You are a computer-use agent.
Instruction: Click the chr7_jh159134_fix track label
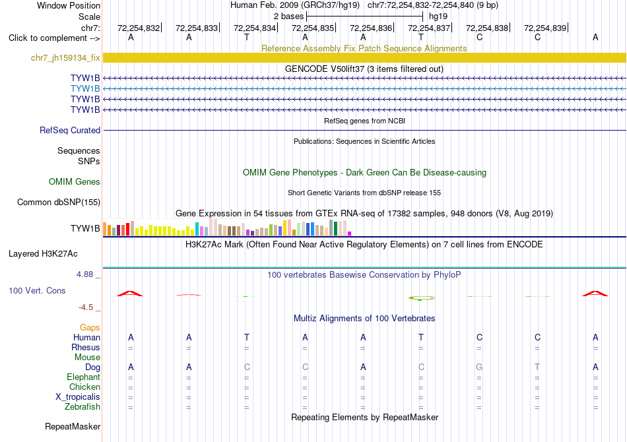(x=65, y=57)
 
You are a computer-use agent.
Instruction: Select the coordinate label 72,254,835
(x=313, y=28)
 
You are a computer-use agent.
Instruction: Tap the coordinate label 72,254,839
(x=545, y=28)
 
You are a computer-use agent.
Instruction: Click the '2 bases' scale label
(x=288, y=16)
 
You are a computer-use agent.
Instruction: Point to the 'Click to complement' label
(x=48, y=38)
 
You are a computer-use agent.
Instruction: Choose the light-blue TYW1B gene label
(x=85, y=88)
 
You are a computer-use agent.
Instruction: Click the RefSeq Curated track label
(x=70, y=130)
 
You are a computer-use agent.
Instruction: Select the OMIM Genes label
(x=75, y=182)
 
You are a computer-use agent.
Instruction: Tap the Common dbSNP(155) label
(x=58, y=203)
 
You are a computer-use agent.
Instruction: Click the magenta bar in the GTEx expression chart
(x=350, y=234)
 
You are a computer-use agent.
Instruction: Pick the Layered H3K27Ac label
(x=43, y=254)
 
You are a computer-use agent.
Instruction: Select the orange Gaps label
(x=90, y=328)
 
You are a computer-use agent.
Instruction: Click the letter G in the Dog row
(x=479, y=367)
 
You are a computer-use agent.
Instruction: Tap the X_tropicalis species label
(x=78, y=397)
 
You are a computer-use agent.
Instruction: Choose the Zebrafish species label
(x=82, y=407)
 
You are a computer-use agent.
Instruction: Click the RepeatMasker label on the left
(x=73, y=426)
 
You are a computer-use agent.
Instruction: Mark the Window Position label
(x=69, y=5)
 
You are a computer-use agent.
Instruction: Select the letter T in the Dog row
(x=537, y=367)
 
